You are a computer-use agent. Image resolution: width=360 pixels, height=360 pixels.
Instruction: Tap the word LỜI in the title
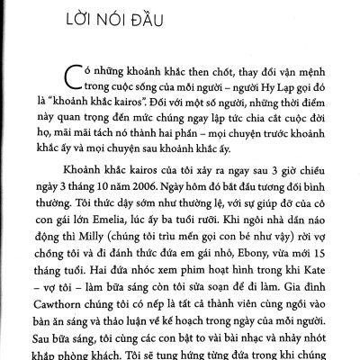pos(49,21)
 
